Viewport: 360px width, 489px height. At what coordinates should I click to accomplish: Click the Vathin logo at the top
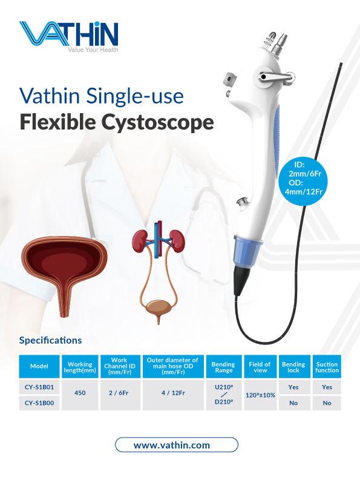point(69,36)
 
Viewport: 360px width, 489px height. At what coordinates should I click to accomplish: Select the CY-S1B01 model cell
point(39,387)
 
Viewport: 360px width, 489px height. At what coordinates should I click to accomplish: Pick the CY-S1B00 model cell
point(39,403)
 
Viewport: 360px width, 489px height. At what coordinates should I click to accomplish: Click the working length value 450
point(80,393)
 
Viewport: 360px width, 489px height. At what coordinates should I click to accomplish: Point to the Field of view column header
point(260,367)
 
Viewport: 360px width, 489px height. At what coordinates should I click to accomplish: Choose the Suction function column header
point(327,367)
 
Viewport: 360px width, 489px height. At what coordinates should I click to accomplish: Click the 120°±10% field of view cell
point(260,395)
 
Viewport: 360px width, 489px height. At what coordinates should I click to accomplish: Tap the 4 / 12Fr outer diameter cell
point(173,393)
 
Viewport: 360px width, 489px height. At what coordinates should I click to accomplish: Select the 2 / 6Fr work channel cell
point(119,393)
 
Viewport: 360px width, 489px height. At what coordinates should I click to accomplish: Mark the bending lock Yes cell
point(293,387)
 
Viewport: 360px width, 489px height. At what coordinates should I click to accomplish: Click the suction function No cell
point(327,403)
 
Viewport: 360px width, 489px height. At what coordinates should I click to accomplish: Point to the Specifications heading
point(50,340)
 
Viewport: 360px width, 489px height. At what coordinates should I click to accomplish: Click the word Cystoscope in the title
point(157,122)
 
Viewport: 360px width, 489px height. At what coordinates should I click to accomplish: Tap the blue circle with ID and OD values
point(304,181)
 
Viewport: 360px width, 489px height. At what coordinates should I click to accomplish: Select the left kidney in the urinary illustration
point(140,240)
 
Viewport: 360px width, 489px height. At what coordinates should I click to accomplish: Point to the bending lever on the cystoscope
point(276,77)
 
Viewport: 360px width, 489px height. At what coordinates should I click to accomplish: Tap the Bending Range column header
point(223,367)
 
